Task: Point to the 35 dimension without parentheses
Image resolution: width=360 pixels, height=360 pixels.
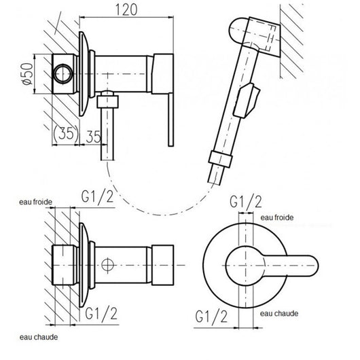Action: pyautogui.click(x=95, y=135)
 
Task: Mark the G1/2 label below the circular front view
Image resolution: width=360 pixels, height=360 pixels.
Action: pyautogui.click(x=211, y=315)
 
